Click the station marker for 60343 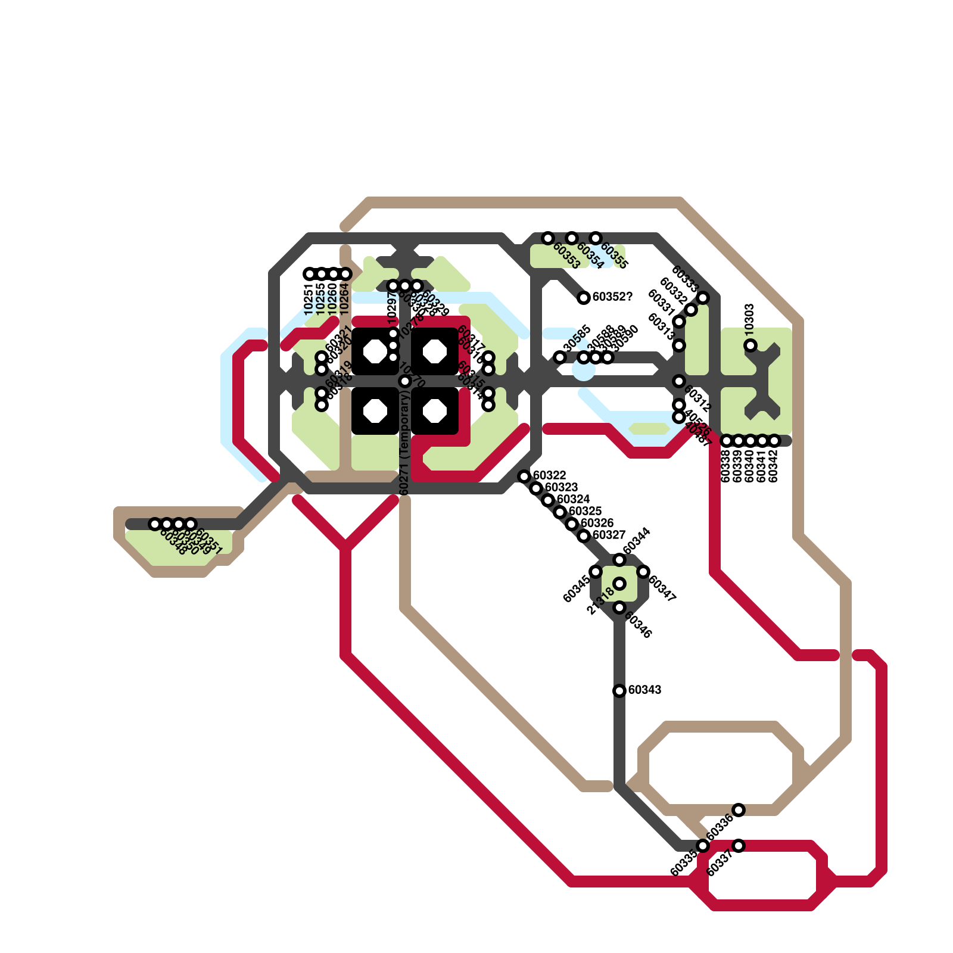[x=619, y=691]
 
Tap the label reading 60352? [x=612, y=297]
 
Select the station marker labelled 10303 [x=750, y=345]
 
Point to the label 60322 [x=549, y=475]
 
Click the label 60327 [x=609, y=535]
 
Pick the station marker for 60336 [x=739, y=810]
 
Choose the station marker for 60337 [x=739, y=846]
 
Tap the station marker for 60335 [x=703, y=846]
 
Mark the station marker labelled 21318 [x=619, y=584]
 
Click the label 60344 [x=637, y=541]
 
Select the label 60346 [x=638, y=625]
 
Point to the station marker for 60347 [x=643, y=572]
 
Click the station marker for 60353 [x=548, y=238]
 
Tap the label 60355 [x=614, y=256]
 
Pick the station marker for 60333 [x=703, y=298]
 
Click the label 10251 [x=309, y=299]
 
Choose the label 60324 [x=573, y=499]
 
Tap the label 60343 [x=644, y=690]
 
